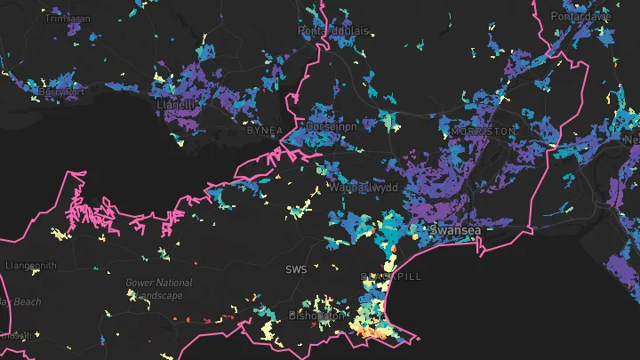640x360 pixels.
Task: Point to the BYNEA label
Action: point(263,131)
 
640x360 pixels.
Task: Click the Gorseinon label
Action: point(331,127)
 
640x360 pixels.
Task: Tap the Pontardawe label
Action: point(582,17)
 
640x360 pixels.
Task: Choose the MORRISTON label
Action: point(483,131)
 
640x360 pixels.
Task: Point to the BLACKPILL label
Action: point(391,276)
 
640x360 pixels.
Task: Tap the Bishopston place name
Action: point(316,316)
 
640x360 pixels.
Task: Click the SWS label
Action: point(295,269)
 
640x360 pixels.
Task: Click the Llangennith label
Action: point(31,266)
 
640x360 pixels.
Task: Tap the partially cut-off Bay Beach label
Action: point(20,302)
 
